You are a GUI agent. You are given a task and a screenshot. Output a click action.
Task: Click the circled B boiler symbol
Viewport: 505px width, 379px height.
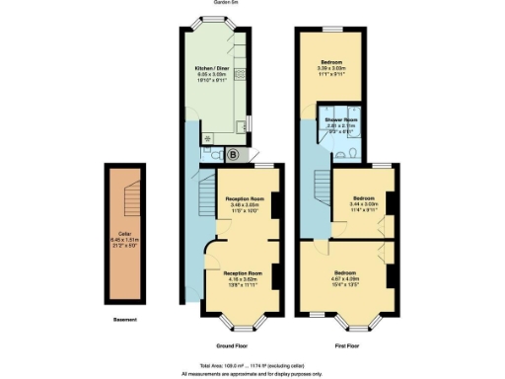(x=233, y=155)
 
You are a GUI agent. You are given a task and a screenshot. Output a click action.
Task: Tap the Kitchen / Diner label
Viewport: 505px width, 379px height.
(x=213, y=66)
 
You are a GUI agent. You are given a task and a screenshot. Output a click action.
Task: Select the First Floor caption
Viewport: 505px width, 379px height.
(x=347, y=346)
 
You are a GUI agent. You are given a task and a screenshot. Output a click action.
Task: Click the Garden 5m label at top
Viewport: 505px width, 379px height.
(x=226, y=3)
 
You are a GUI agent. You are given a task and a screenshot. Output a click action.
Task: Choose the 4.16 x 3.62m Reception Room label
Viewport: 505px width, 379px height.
(x=242, y=277)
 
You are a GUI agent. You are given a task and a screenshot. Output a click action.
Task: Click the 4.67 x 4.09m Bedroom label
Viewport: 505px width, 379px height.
(x=345, y=277)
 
